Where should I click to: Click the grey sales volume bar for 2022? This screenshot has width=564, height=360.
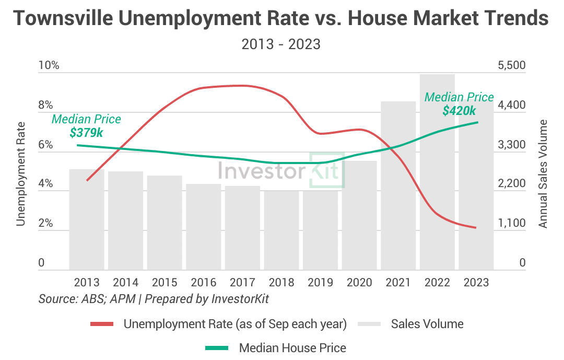(x=437, y=172)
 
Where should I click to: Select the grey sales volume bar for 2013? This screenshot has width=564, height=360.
(x=87, y=219)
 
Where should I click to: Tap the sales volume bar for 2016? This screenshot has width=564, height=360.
(x=204, y=227)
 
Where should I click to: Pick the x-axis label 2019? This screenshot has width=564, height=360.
(x=320, y=283)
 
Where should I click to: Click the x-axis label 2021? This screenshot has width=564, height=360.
(x=398, y=283)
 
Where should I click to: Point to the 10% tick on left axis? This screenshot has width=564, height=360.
(x=49, y=66)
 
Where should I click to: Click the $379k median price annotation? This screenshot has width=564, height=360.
(x=86, y=133)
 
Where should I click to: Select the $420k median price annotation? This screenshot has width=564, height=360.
(x=459, y=111)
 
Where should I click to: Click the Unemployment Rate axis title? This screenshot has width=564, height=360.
(x=20, y=174)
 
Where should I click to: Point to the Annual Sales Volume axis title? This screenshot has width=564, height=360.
(x=543, y=174)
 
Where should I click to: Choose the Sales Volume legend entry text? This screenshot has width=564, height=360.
(x=427, y=324)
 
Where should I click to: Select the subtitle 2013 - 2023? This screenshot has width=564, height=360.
(x=281, y=44)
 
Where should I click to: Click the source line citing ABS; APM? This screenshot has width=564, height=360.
(x=154, y=299)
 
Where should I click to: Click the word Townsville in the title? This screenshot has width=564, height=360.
(x=62, y=19)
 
